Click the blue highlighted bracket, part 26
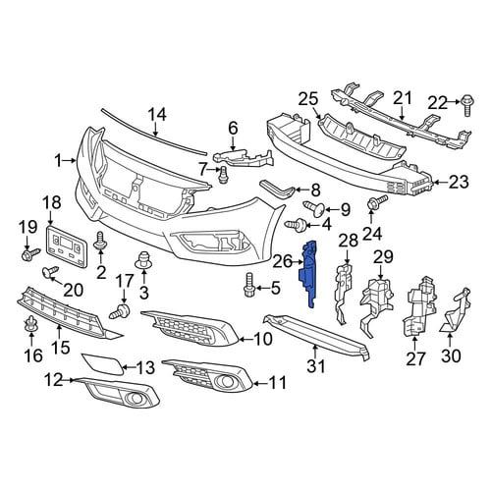(308, 274)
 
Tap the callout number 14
(157, 115)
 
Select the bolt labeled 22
(467, 105)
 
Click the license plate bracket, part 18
(67, 246)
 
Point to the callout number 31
(316, 365)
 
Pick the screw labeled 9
(315, 208)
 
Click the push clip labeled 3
(144, 260)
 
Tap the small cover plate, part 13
(103, 363)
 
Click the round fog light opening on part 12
(134, 398)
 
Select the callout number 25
(308, 99)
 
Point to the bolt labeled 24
(378, 202)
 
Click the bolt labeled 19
(30, 253)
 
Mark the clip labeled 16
(31, 324)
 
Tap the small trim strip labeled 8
(277, 189)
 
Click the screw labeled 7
(223, 175)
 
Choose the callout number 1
(58, 161)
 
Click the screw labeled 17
(121, 311)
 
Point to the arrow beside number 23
(440, 183)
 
